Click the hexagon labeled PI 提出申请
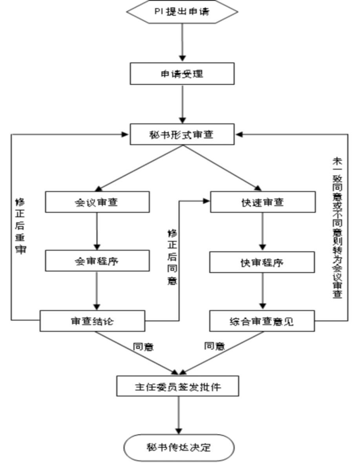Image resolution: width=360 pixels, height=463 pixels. [x=182, y=11]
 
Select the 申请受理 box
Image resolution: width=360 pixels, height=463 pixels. [x=182, y=73]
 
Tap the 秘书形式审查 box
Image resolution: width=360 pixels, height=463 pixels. [x=182, y=134]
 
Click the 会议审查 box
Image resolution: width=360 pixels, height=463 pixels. [x=97, y=202]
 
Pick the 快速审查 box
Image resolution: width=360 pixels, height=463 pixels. [x=263, y=202]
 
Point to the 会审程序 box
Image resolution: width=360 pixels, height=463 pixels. [x=97, y=261]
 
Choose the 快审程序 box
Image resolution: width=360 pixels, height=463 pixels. [x=262, y=262]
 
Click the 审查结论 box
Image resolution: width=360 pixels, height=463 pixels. [x=92, y=321]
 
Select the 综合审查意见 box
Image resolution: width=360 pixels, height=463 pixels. [x=262, y=321]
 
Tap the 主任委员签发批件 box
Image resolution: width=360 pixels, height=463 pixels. [x=177, y=386]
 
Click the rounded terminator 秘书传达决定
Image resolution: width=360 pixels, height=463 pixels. [x=179, y=447]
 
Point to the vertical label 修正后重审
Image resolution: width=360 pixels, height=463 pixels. [x=20, y=226]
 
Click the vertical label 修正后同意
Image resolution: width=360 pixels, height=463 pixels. [x=172, y=257]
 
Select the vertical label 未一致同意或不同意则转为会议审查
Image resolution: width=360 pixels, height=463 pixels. [x=338, y=228]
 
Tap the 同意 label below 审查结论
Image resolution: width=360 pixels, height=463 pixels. [x=143, y=346]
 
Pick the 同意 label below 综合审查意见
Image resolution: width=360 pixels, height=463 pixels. [x=214, y=346]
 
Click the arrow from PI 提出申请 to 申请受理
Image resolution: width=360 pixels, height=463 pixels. [x=183, y=42]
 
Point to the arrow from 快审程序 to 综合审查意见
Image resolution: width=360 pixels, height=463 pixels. [x=263, y=291]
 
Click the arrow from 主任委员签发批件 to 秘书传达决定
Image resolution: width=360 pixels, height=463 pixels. [x=179, y=415]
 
